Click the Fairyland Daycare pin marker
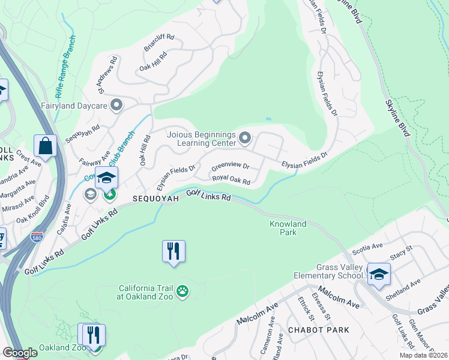116,106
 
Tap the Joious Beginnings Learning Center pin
244,139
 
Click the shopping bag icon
45,145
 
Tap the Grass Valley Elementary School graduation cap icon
379,274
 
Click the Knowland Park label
288,228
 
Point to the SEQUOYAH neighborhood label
156,199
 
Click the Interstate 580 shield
37,237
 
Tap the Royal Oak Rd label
231,179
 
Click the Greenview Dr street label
230,166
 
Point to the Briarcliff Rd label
159,42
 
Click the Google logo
20,352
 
